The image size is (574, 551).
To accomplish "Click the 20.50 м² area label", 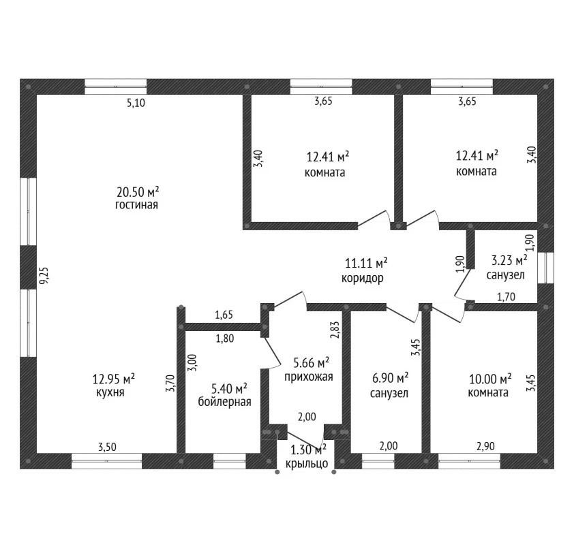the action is point(138,191).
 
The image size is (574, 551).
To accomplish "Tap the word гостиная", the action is point(136,205).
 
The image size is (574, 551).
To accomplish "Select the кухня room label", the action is point(110,392).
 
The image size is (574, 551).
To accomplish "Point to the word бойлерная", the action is point(224,402).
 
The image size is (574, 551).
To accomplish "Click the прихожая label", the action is point(309,377).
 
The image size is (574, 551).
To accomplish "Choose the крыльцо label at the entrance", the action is point(307,464).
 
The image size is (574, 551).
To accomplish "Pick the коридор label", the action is point(363,279).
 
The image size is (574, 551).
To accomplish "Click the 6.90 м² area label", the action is point(390,378).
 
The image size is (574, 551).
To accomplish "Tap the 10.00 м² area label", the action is point(489,379).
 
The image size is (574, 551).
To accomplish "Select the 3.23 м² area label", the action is point(509,260).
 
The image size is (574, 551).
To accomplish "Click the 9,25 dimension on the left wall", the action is point(44,275).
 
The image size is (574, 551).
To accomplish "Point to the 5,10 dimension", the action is point(136,103).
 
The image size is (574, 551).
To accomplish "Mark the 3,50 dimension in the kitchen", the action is point(107,447).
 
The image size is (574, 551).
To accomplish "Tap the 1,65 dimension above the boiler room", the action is point(224,315).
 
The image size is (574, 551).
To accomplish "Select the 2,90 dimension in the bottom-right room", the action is point(485,446).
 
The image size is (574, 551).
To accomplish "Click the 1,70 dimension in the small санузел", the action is point(506,296).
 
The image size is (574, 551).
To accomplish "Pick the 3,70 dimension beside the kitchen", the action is point(170,383).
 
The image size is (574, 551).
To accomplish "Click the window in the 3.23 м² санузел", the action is point(546,268).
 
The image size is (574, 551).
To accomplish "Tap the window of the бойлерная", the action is point(230,461).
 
